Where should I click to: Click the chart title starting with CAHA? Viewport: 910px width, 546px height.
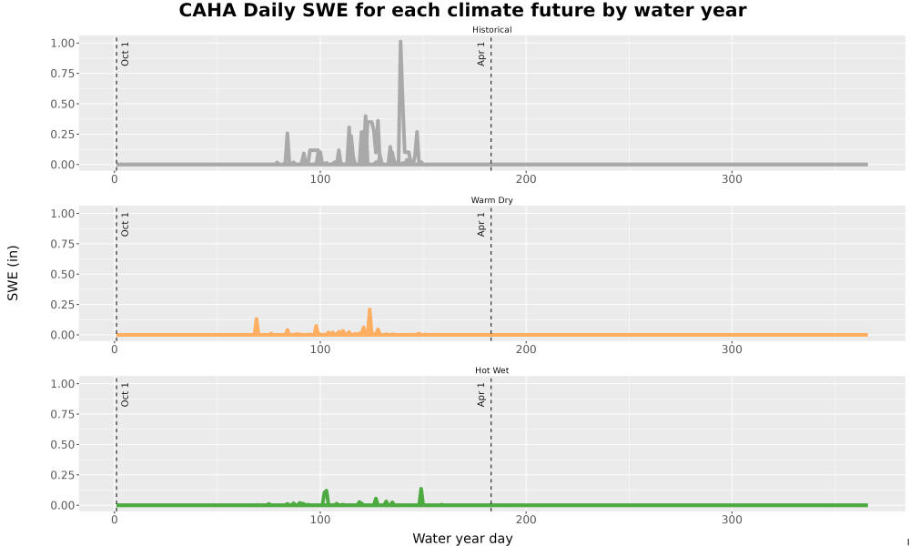click(462, 10)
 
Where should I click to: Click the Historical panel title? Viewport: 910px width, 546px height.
click(491, 30)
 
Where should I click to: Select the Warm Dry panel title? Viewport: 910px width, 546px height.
click(491, 200)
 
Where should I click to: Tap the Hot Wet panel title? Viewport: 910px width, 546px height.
click(491, 370)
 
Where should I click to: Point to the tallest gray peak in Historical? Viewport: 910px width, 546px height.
click(400, 42)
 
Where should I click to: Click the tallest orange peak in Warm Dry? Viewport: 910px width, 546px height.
click(369, 309)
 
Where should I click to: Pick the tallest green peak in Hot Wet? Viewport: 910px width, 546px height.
click(421, 490)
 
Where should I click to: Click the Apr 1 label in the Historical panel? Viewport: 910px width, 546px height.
click(481, 54)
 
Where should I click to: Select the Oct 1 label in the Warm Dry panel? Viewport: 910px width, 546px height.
click(125, 224)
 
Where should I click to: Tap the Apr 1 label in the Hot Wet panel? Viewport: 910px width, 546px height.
click(481, 394)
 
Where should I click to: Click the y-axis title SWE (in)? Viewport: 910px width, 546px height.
click(13, 273)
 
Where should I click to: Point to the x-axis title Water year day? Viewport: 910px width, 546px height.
click(462, 539)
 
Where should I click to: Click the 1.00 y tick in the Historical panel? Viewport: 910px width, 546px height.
click(62, 43)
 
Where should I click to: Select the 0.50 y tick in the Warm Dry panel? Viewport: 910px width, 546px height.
click(62, 274)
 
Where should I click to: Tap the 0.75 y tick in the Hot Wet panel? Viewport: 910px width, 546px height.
click(62, 414)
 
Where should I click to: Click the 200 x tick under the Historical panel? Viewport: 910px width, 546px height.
click(526, 179)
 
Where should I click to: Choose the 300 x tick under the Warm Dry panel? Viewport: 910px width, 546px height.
click(732, 349)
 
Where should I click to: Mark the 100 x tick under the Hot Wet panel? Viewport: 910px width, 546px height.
click(319, 520)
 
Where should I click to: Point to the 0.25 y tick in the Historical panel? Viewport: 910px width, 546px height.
click(62, 134)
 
